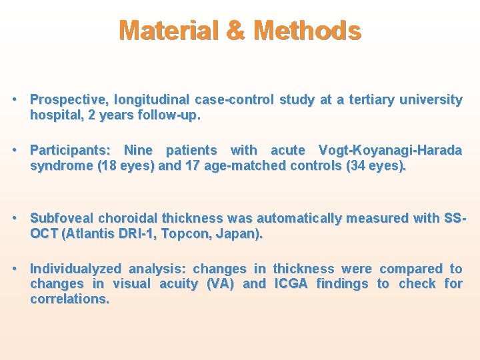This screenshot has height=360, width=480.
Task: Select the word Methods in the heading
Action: coord(308,31)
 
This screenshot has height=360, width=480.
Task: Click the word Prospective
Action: coord(69,100)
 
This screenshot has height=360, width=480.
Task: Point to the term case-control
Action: coord(235,100)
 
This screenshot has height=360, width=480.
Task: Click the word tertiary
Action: coord(366,100)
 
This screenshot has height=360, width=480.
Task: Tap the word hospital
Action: coord(54,115)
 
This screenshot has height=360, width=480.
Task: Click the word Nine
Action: coord(138,151)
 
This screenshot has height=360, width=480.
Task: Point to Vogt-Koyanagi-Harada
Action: coord(390,151)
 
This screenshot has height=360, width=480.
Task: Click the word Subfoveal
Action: coord(62,218)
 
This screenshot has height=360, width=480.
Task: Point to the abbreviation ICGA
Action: coord(291,284)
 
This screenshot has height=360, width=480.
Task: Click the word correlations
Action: coord(69,299)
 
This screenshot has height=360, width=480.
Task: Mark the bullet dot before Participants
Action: coord(15,151)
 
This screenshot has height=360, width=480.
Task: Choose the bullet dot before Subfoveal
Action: coord(15,218)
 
